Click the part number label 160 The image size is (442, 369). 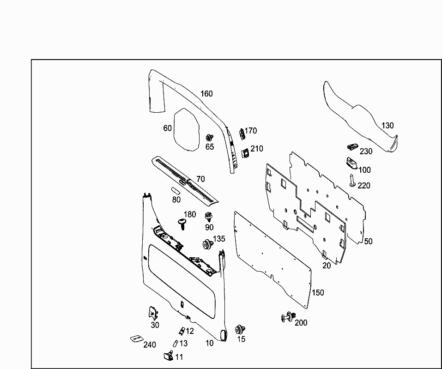(x=206, y=94)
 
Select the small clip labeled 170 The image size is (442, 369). (x=241, y=133)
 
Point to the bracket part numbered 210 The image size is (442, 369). (x=245, y=152)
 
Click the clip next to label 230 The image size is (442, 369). (x=352, y=147)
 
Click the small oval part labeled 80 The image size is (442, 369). (x=176, y=190)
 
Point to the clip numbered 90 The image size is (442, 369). (x=209, y=216)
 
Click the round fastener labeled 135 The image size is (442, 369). (x=206, y=244)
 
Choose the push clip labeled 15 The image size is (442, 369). (x=240, y=329)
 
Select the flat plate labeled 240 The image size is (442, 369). (x=137, y=339)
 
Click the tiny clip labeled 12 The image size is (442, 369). (x=182, y=331)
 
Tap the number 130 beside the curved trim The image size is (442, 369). (x=388, y=126)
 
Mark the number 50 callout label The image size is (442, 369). (x=368, y=242)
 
